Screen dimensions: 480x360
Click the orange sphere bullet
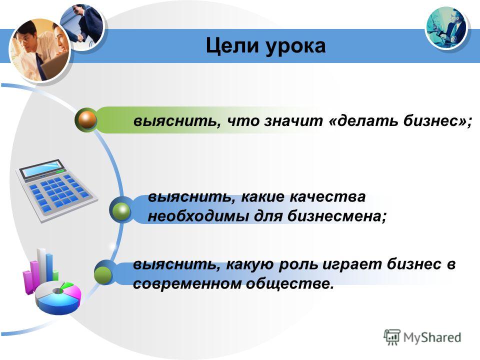(86, 120)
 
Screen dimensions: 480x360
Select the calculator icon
(57, 190)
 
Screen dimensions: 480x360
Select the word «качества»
(327, 197)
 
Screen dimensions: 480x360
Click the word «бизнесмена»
(335, 216)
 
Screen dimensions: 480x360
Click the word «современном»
(187, 284)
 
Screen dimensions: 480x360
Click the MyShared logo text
(432, 337)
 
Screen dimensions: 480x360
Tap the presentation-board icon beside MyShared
(392, 337)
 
